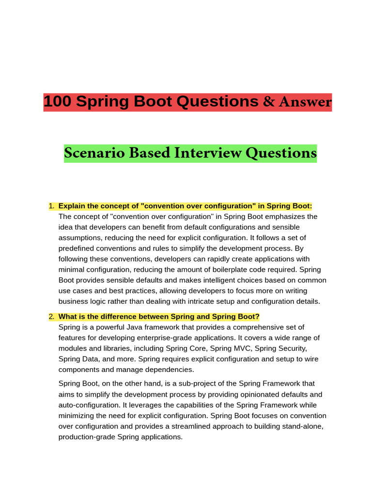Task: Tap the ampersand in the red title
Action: [269, 102]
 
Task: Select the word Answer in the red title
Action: [305, 102]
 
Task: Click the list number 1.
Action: [51, 206]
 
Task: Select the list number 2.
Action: [51, 317]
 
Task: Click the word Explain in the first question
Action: [72, 206]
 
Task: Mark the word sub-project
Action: [190, 384]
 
